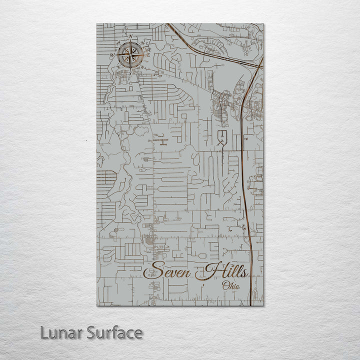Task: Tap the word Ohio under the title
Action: (230, 286)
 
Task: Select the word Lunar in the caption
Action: (60, 333)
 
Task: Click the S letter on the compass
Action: (130, 73)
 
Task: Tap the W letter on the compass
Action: (112, 55)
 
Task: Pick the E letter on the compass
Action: (148, 55)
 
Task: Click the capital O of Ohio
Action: (225, 286)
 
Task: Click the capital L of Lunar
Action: (45, 333)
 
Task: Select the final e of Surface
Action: (138, 334)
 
